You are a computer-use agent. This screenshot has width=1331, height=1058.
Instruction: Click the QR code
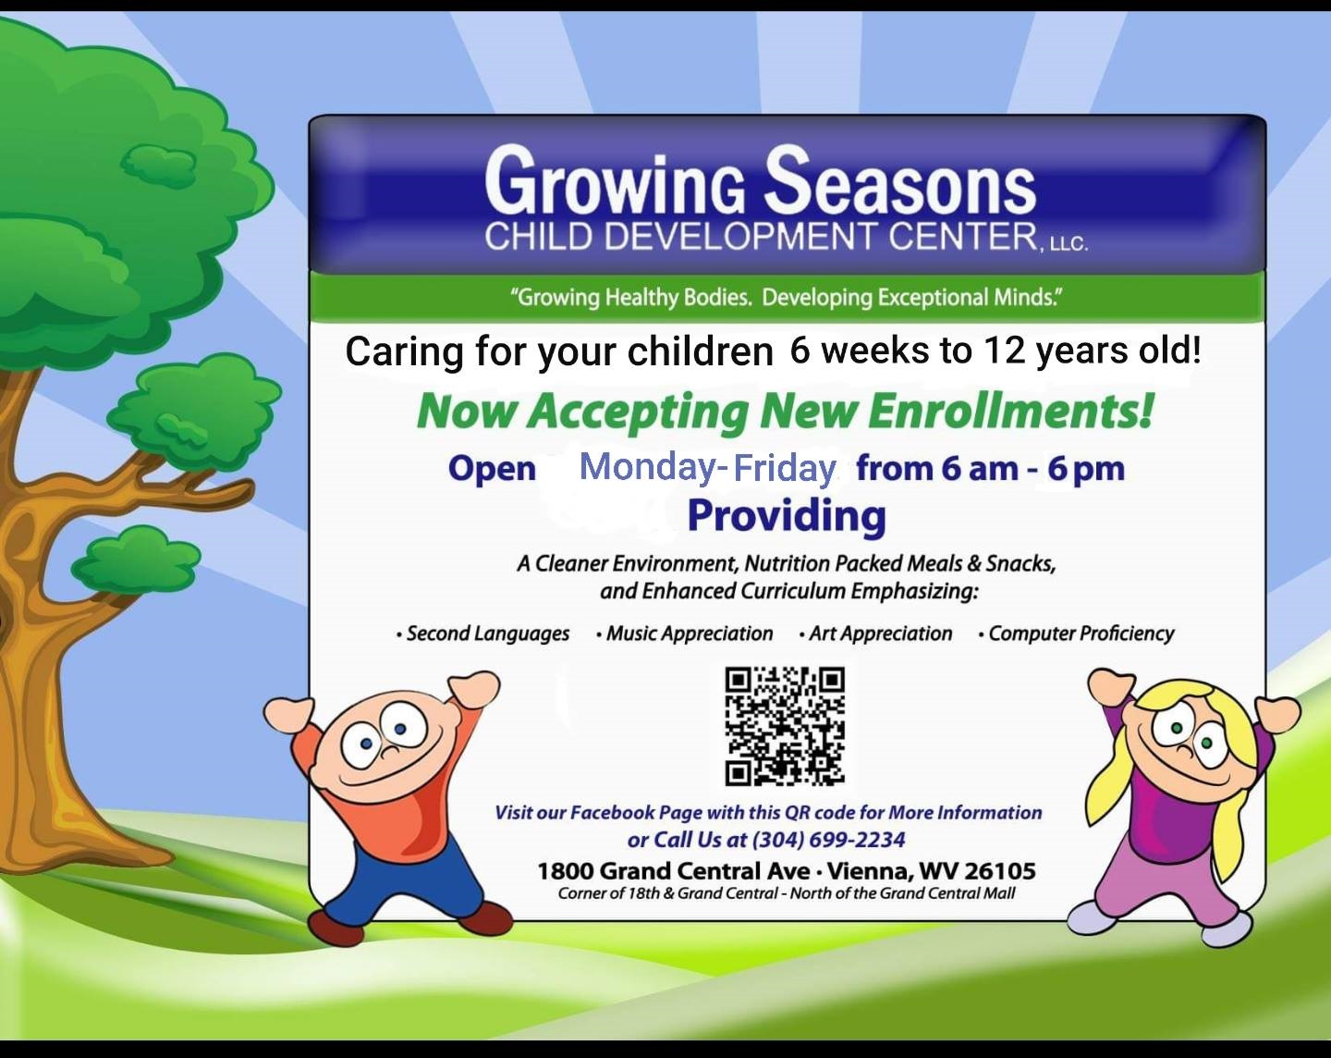pos(784,726)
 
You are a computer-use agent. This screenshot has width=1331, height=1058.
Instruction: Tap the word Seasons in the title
pos(900,181)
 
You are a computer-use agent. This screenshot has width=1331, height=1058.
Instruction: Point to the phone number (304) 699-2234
pos(828,840)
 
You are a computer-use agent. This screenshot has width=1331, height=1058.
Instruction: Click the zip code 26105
pos(999,871)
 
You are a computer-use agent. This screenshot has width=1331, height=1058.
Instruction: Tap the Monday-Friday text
pos(708,467)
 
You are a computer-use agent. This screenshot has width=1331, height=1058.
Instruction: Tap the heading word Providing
pos(787,516)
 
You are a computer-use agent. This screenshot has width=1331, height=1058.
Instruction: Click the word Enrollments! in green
pos(1010,410)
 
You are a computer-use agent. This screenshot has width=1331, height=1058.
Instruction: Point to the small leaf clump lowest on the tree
pos(136,560)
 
